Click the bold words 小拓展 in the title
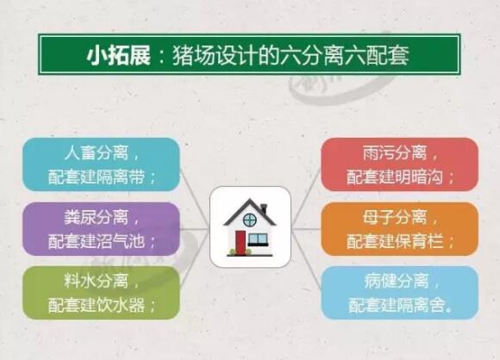point(118,56)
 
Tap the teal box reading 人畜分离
point(102,164)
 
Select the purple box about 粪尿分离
point(102,229)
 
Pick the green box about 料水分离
point(102,293)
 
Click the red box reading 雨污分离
point(399,164)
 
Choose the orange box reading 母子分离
point(399,229)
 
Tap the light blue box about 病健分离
point(399,293)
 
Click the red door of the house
point(241,242)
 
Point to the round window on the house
point(250,220)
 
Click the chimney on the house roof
point(264,208)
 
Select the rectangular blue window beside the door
point(258,239)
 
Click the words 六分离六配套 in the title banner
point(344,56)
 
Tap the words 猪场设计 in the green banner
point(215,56)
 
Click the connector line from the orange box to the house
point(306,229)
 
